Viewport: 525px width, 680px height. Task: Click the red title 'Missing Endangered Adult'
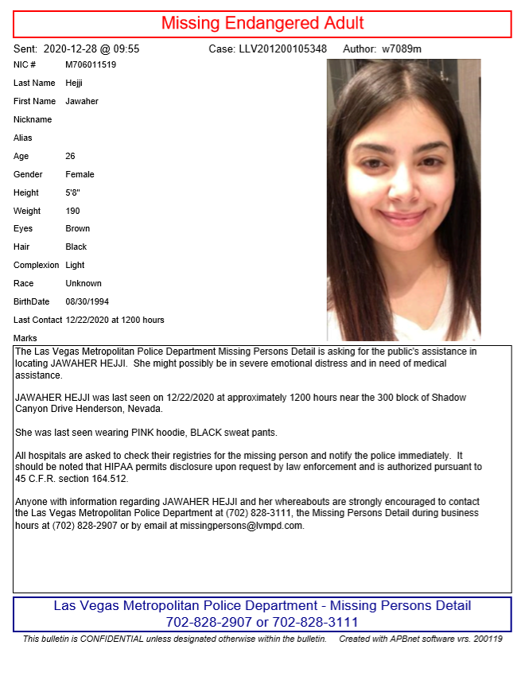pyautogui.click(x=262, y=23)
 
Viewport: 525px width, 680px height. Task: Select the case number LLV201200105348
pyautogui.click(x=282, y=49)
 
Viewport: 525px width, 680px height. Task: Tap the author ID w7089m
pyautogui.click(x=402, y=49)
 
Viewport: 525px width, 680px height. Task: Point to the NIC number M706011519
pyautogui.click(x=91, y=64)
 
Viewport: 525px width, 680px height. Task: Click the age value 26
pyautogui.click(x=70, y=156)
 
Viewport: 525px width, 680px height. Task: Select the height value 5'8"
pyautogui.click(x=74, y=192)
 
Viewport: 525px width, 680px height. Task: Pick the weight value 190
pyautogui.click(x=73, y=211)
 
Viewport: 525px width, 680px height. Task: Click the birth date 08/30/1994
pyautogui.click(x=87, y=301)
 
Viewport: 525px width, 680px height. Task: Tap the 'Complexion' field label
pyautogui.click(x=37, y=265)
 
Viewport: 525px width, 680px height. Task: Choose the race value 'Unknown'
pyautogui.click(x=84, y=283)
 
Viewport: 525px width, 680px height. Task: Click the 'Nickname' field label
pyautogui.click(x=33, y=119)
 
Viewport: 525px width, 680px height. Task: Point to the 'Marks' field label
pyautogui.click(x=25, y=338)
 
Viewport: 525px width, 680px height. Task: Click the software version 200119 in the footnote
pyautogui.click(x=488, y=639)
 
